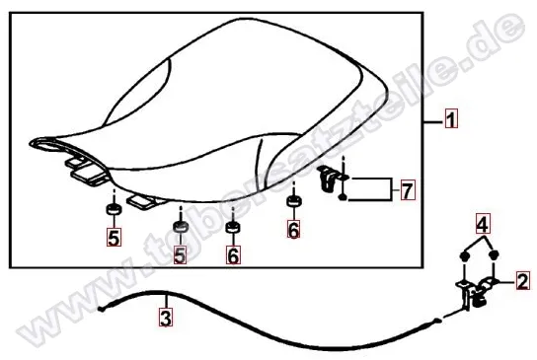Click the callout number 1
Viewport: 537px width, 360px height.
pos(451,118)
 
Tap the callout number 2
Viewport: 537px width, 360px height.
pos(522,281)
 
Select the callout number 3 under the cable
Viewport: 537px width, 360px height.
pos(166,318)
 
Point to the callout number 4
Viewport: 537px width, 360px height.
pos(483,224)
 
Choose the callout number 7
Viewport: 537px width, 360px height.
pos(408,190)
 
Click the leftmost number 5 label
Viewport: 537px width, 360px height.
pos(115,237)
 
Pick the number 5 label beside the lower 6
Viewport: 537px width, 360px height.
pos(180,254)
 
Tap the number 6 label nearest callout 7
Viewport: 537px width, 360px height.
pos(293,229)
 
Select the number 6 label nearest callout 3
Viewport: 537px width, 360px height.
pos(233,254)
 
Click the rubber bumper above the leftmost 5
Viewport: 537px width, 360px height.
pos(114,208)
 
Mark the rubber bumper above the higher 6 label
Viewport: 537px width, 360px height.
pos(293,201)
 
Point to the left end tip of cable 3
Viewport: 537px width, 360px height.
pos(100,310)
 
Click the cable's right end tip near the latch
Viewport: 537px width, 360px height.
pos(436,321)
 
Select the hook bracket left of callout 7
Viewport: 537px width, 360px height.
pos(328,178)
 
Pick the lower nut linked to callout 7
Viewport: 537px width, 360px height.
pos(343,197)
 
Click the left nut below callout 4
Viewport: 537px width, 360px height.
pos(464,256)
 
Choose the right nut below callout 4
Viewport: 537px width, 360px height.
pos(494,254)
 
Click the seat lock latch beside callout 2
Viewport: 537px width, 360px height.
pos(477,292)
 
